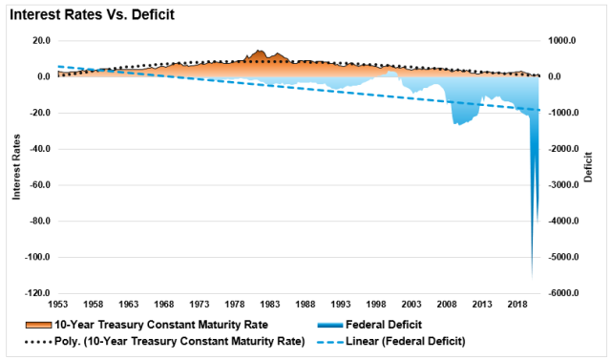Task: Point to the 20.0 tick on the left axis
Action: [x=40, y=41]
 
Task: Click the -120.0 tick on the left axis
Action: [x=38, y=294]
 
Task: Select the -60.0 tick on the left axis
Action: [x=39, y=185]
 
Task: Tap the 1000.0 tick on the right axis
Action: [x=563, y=41]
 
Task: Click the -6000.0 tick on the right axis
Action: [x=564, y=294]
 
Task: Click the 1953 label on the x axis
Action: [x=58, y=304]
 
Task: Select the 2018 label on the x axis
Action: [x=516, y=304]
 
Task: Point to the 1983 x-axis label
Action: [x=270, y=304]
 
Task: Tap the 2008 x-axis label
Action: [x=446, y=304]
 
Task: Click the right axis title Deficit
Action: [x=589, y=167]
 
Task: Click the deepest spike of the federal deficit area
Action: [x=532, y=277]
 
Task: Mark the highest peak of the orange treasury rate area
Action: [x=260, y=51]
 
